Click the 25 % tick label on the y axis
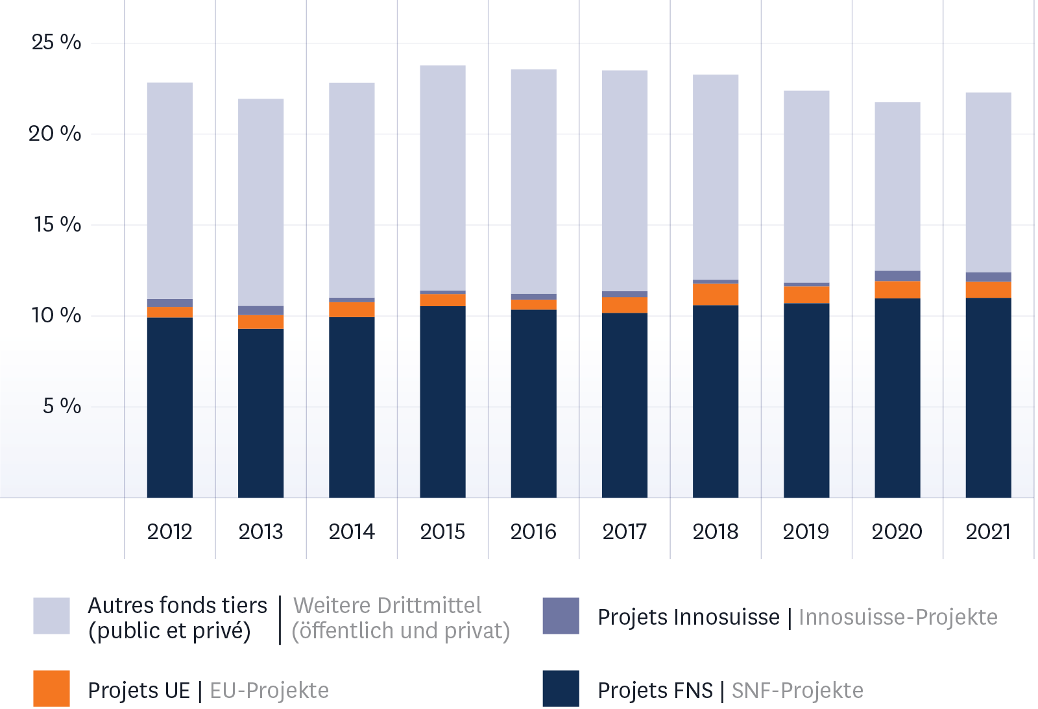click(x=56, y=43)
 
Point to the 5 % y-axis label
click(x=62, y=407)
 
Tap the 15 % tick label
click(x=58, y=225)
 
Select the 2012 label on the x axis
click(x=170, y=532)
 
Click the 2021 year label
click(x=988, y=532)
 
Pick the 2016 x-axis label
click(x=533, y=532)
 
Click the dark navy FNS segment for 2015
click(x=442, y=402)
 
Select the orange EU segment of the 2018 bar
click(x=716, y=294)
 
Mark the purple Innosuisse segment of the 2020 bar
click(x=897, y=276)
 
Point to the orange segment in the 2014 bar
click(x=352, y=309)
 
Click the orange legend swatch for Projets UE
click(x=51, y=688)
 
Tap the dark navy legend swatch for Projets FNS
click(x=561, y=688)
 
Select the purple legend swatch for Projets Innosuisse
click(x=561, y=616)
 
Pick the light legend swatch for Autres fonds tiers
click(x=51, y=616)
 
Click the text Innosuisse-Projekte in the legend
click(x=898, y=617)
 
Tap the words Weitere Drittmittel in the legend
click(x=387, y=605)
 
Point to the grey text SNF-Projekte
click(x=797, y=690)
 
